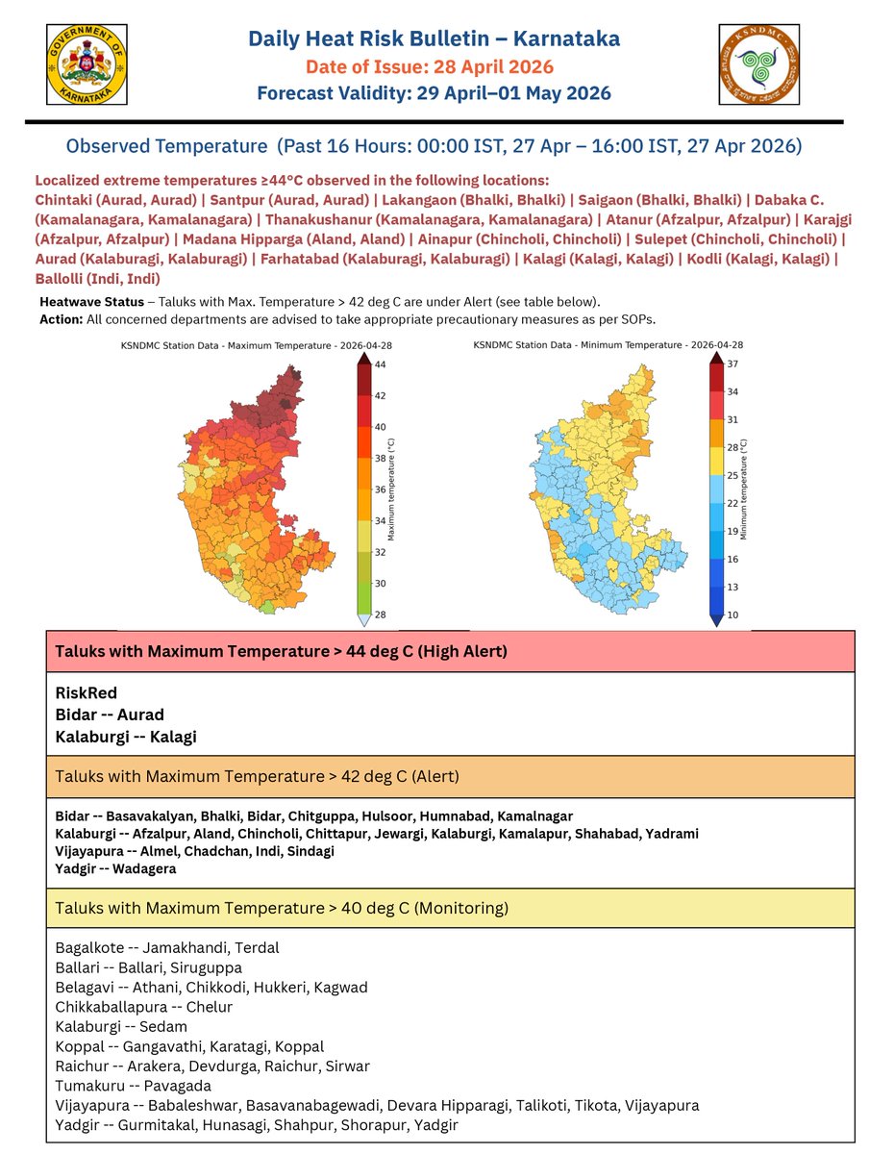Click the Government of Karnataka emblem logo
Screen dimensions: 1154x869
click(86, 64)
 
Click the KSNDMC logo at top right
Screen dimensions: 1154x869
click(759, 64)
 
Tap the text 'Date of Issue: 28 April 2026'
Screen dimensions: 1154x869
click(429, 67)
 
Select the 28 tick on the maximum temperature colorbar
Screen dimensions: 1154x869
click(381, 614)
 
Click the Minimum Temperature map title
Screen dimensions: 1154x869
click(608, 343)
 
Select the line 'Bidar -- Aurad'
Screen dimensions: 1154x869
click(110, 715)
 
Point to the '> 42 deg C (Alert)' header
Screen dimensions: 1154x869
click(257, 776)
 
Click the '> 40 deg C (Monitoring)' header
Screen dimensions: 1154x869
click(282, 907)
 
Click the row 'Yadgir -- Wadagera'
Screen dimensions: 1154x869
click(115, 868)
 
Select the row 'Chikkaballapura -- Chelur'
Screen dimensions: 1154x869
click(143, 1007)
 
